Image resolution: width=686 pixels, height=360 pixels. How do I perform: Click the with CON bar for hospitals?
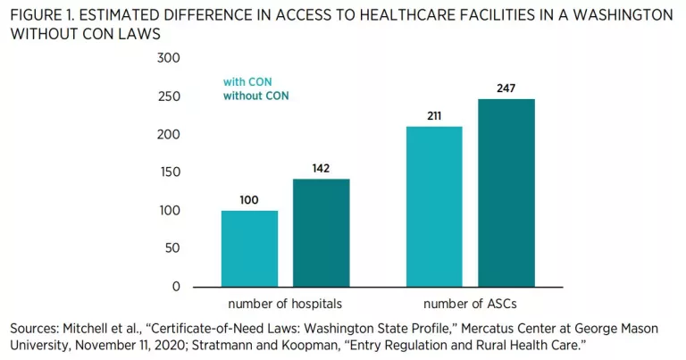tap(249, 248)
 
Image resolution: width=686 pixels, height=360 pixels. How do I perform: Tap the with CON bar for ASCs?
tap(434, 206)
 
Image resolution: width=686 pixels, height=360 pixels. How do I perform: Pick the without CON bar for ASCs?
tap(506, 192)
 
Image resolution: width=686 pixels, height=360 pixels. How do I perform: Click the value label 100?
tap(249, 200)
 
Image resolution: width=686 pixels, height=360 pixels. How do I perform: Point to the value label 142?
tap(322, 168)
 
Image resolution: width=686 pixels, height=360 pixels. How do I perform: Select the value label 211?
tap(434, 116)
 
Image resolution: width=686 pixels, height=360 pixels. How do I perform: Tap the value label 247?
tap(506, 88)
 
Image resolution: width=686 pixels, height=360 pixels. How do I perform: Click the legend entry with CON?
tap(247, 81)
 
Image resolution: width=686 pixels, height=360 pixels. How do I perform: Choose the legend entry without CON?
tap(256, 96)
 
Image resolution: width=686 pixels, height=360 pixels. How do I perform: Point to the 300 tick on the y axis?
tap(169, 58)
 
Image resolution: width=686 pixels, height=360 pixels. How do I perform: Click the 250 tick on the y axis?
tap(169, 96)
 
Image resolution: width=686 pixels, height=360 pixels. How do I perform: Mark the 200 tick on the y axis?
tap(169, 135)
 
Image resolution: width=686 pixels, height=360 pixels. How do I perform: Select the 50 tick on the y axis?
tap(172, 249)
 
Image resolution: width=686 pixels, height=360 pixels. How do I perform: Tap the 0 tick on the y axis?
tap(176, 287)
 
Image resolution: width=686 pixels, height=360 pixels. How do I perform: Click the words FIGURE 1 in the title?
tap(46, 14)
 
